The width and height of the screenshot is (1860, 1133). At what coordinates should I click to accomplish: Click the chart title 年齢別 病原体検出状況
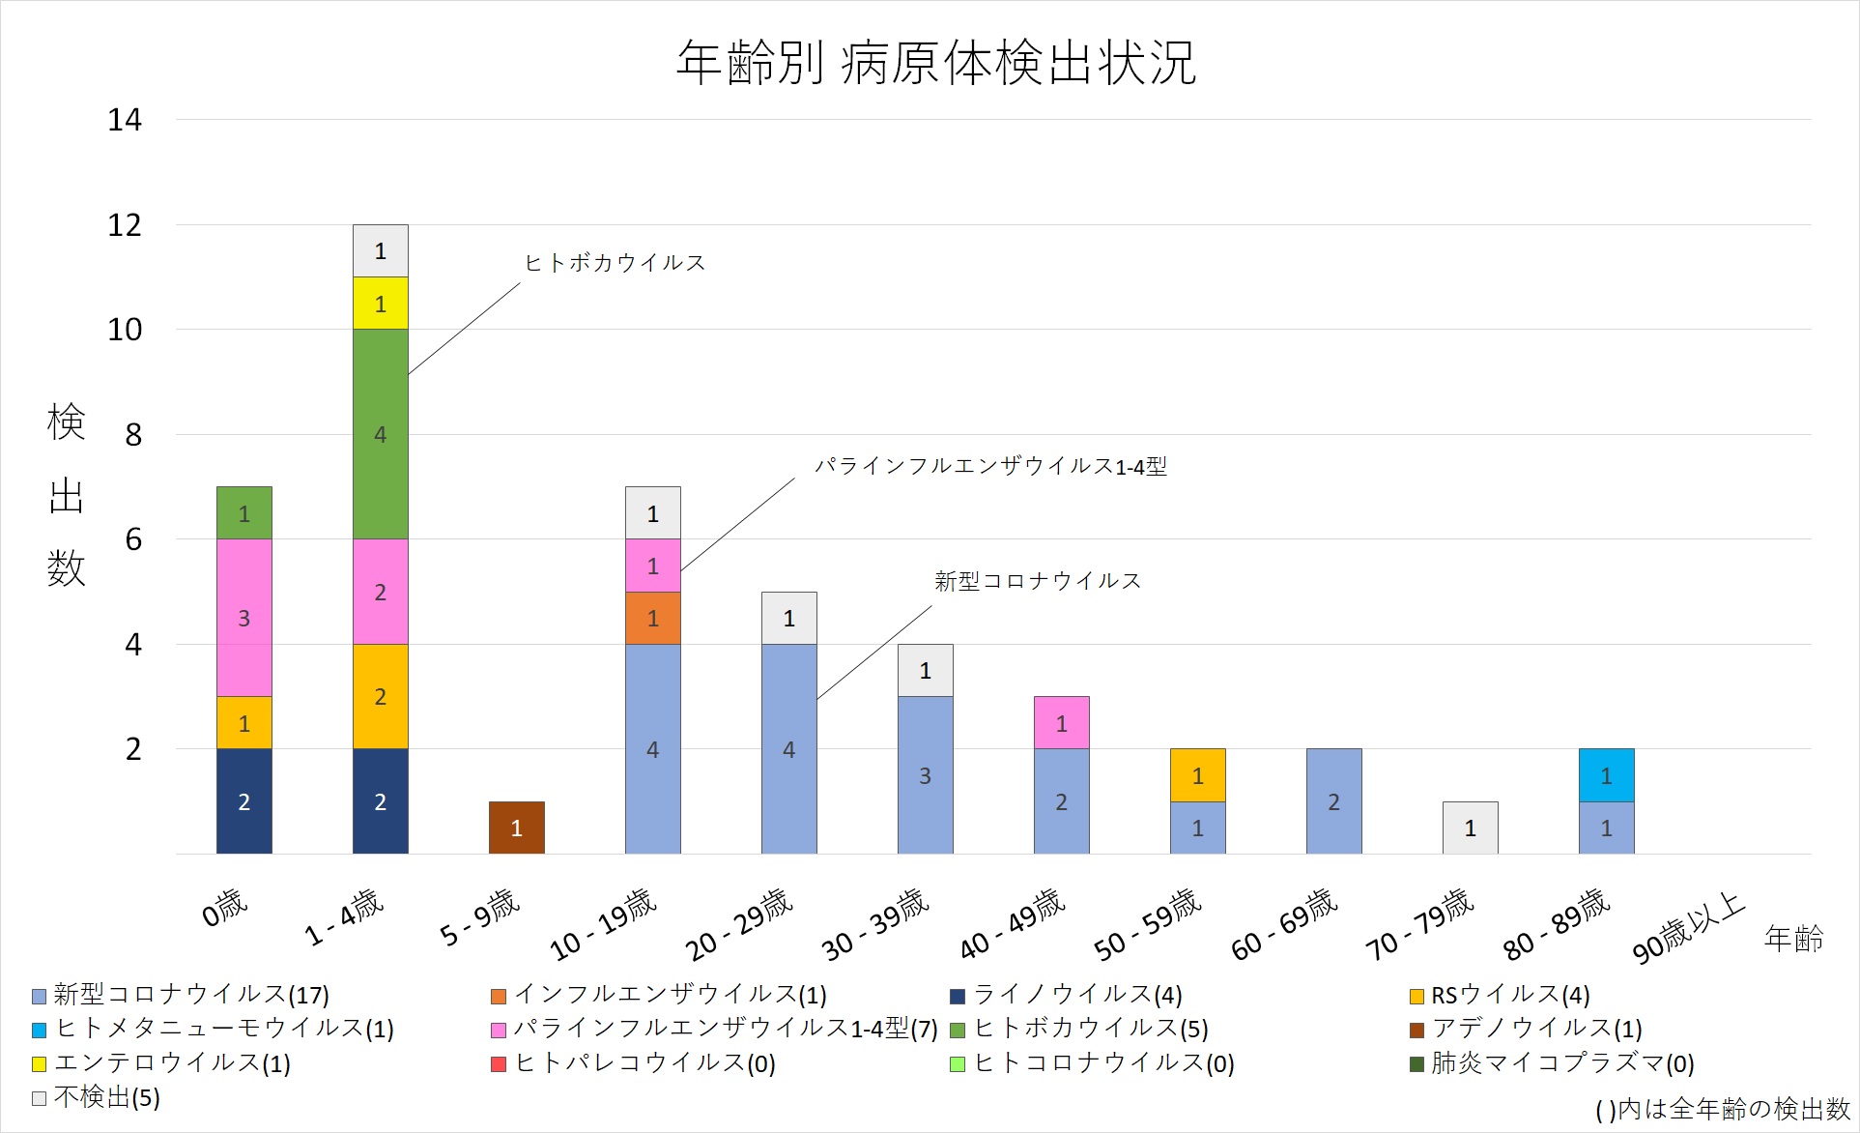[x=935, y=64]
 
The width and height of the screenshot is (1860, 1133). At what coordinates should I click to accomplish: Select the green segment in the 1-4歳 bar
[x=380, y=434]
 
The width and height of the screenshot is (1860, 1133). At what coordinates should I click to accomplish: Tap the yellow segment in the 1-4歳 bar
[x=380, y=304]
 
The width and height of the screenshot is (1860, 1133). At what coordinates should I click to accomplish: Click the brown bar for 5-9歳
[x=516, y=828]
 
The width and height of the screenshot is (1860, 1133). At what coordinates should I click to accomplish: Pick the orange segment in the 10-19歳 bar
[x=652, y=618]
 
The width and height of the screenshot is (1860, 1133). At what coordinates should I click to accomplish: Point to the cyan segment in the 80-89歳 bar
[x=1606, y=775]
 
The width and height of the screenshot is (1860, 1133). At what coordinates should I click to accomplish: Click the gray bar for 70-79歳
[x=1470, y=828]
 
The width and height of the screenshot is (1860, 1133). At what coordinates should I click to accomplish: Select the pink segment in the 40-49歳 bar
[x=1061, y=722]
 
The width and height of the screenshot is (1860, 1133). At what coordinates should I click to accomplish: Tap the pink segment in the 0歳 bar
[x=243, y=618]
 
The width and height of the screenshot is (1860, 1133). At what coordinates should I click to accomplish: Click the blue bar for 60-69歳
[x=1333, y=801]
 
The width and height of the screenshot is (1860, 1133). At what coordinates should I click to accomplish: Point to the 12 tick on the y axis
[x=125, y=225]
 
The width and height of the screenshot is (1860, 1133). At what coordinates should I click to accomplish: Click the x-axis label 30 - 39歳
[x=875, y=925]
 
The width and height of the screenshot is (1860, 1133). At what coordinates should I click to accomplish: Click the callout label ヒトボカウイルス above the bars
[x=615, y=263]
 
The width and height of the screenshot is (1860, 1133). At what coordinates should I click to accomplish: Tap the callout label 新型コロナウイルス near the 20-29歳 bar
[x=1038, y=581]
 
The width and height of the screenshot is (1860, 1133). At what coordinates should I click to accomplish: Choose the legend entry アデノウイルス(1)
[x=1536, y=1029]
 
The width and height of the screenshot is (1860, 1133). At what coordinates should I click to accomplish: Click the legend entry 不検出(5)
[x=106, y=1097]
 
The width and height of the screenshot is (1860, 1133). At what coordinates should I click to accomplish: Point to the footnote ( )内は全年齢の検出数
[x=1722, y=1109]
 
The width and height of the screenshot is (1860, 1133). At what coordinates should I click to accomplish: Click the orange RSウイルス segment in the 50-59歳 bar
[x=1197, y=775]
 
